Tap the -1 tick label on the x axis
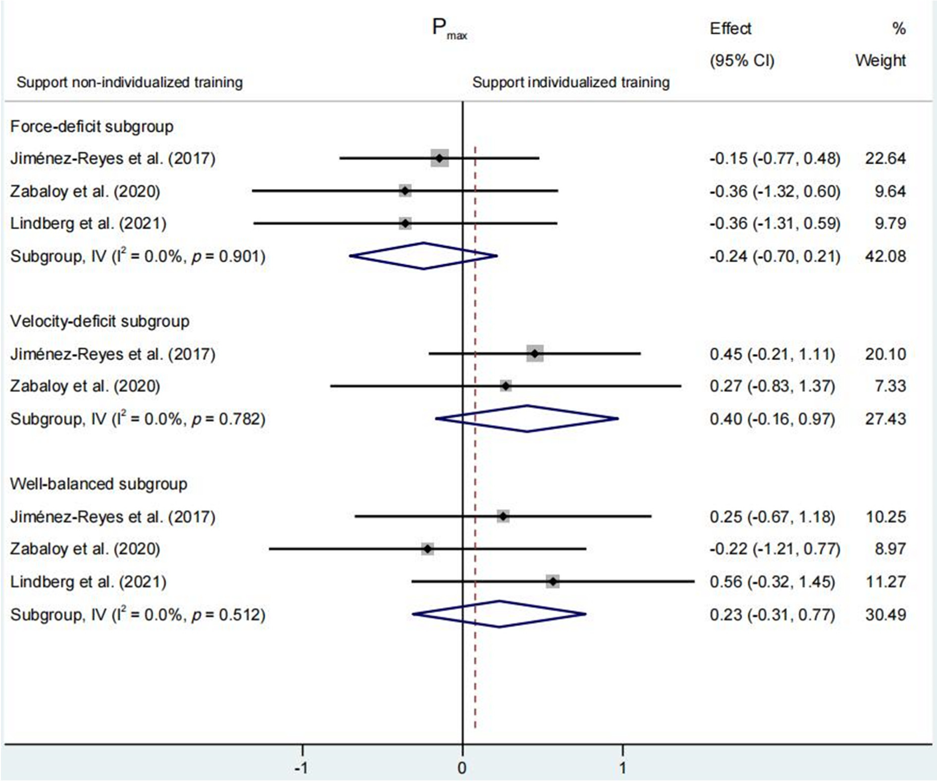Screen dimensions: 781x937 click(x=301, y=768)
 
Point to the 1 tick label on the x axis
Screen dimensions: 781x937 click(x=622, y=768)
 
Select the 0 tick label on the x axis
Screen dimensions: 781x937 click(x=462, y=768)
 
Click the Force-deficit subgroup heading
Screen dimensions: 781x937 click(x=92, y=127)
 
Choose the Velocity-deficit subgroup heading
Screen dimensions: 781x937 click(x=100, y=321)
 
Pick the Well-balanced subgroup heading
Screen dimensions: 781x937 click(x=99, y=484)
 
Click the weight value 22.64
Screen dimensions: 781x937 click(x=885, y=158)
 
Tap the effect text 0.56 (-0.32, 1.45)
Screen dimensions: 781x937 click(x=772, y=582)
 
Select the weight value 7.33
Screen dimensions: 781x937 click(x=890, y=386)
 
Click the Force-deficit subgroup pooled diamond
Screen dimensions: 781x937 click(x=423, y=256)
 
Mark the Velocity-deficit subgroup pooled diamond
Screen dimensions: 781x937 click(x=527, y=419)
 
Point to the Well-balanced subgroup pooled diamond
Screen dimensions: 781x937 click(x=499, y=614)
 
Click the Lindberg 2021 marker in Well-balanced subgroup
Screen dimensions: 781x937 click(x=553, y=582)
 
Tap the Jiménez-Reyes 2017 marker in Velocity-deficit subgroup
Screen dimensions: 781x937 click(x=535, y=354)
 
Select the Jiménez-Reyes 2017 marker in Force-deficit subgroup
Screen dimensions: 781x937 click(x=439, y=158)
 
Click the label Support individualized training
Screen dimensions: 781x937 click(x=571, y=82)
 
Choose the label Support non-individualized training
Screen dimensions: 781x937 click(x=130, y=82)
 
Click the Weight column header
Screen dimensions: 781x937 click(x=880, y=60)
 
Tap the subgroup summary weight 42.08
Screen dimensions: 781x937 click(x=885, y=256)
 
